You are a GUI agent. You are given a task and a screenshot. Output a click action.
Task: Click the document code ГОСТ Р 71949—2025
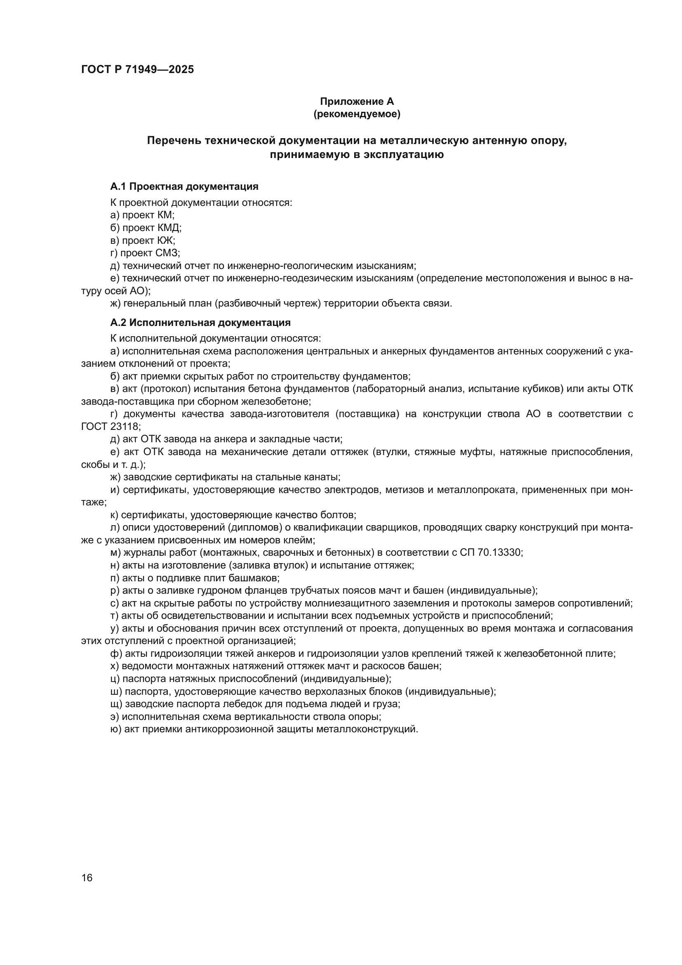pos(138,70)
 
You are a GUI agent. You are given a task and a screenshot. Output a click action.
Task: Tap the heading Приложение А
pos(357,101)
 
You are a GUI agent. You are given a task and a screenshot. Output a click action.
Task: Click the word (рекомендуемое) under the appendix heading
pos(357,114)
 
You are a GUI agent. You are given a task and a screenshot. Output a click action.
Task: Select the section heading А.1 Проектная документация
pos(184,186)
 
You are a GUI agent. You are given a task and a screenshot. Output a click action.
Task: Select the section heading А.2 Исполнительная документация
pos(200,323)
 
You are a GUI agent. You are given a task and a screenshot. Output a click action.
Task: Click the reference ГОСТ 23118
pos(110,427)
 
